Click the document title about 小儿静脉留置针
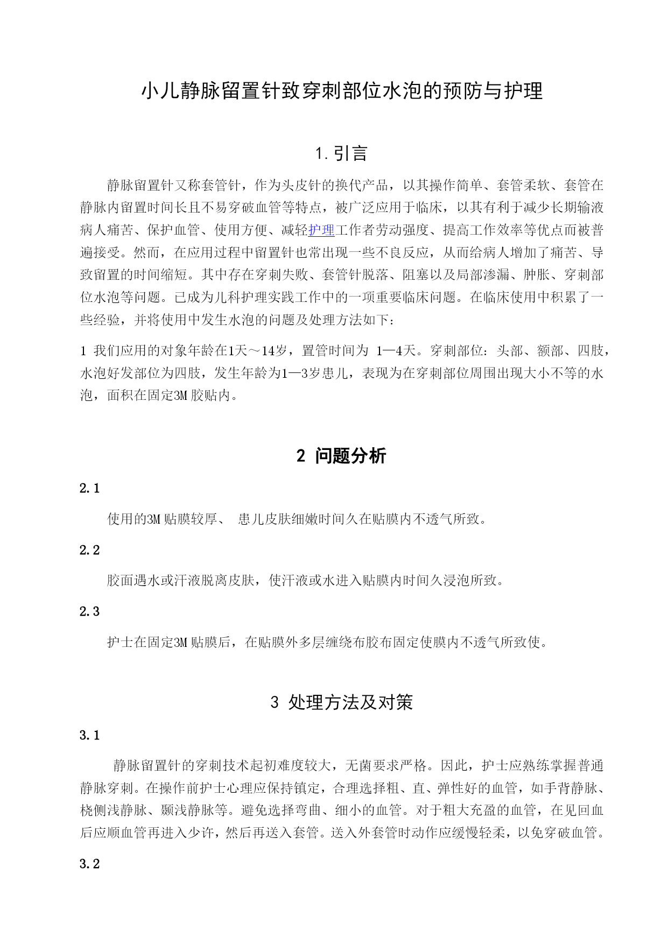pyautogui.click(x=342, y=91)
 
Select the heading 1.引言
pyautogui.click(x=342, y=154)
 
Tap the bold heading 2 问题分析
pyautogui.click(x=341, y=456)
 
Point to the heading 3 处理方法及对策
pyautogui.click(x=342, y=702)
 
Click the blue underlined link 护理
pyautogui.click(x=321, y=230)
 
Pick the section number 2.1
pyautogui.click(x=90, y=488)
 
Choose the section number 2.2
pyautogui.click(x=90, y=550)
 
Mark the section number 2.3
pyautogui.click(x=90, y=611)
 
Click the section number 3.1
pyautogui.click(x=90, y=735)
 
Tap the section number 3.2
pyautogui.click(x=90, y=864)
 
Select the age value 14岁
pyautogui.click(x=275, y=351)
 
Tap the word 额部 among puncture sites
pyautogui.click(x=550, y=351)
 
